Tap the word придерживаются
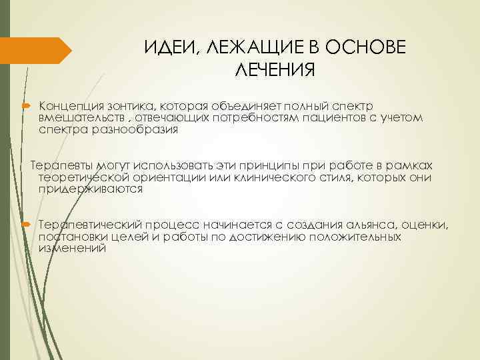pos(91,189)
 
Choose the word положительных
pos(353,237)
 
